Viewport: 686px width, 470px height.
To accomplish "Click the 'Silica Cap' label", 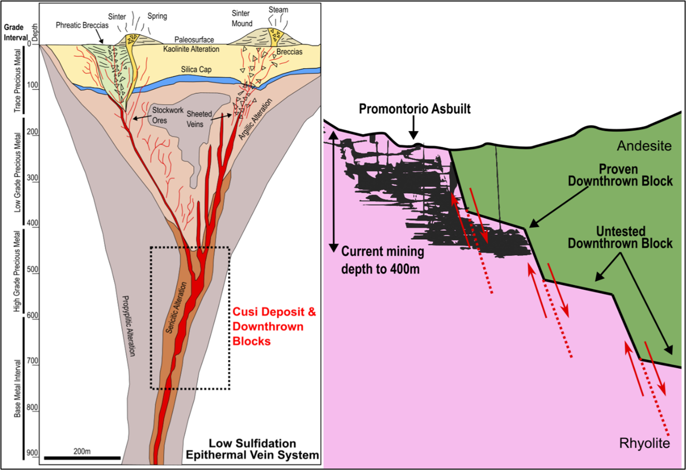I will click(196, 70).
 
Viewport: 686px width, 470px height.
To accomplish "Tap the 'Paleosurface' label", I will click(194, 40).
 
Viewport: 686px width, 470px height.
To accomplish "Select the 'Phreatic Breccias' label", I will click(82, 25).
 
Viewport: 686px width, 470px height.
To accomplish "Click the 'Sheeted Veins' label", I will click(199, 119).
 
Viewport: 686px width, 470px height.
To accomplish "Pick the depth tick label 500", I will click(33, 270).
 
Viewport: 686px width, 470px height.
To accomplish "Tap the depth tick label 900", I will click(33, 453).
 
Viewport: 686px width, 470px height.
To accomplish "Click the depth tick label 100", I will click(33, 85).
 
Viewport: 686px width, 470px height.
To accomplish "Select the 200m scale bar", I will click(82, 458).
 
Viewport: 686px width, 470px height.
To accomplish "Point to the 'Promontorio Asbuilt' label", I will click(415, 109).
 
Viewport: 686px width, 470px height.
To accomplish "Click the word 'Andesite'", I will click(644, 146).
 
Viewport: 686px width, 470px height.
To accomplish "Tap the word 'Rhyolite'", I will click(644, 443).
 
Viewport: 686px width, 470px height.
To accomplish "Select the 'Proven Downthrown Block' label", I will click(620, 175).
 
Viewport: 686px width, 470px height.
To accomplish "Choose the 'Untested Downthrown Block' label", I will click(620, 237).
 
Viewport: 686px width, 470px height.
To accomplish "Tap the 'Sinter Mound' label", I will click(242, 18).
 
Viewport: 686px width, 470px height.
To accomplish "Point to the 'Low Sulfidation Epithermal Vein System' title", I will click(252, 449).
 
